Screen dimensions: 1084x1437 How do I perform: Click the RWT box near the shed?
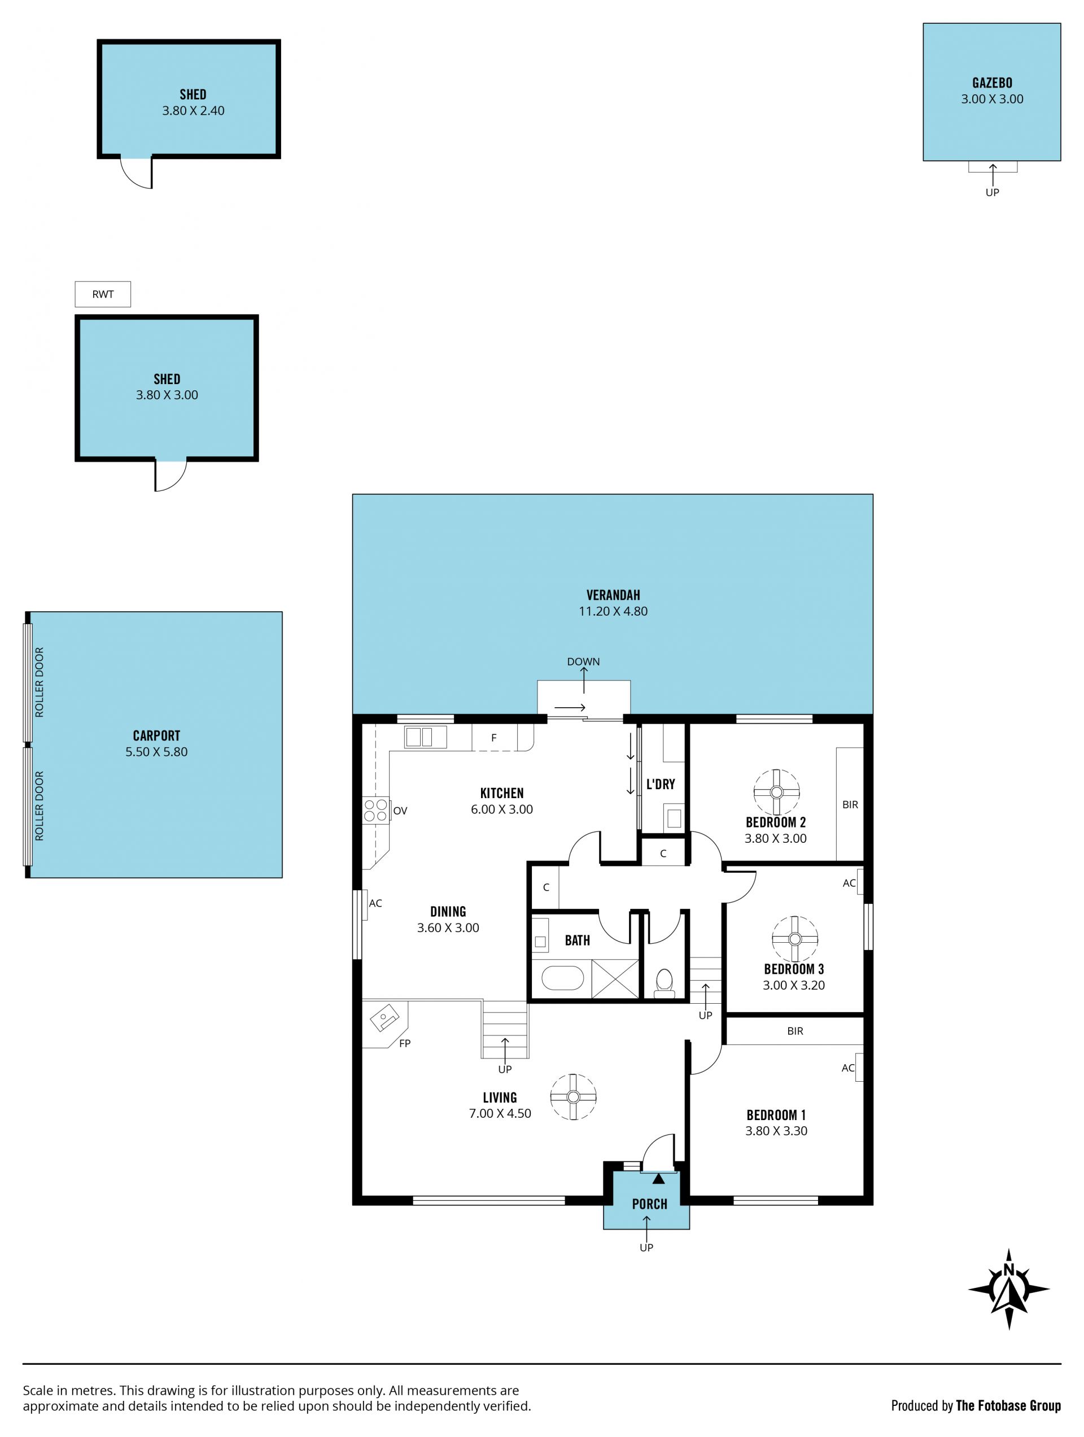click(103, 294)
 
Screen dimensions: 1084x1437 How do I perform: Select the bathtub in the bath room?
click(562, 978)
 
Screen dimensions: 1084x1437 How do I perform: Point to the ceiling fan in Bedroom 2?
click(776, 792)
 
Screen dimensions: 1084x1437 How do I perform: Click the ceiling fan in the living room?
click(573, 1096)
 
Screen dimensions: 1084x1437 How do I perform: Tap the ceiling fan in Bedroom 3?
click(794, 939)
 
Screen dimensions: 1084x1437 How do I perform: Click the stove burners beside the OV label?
click(375, 811)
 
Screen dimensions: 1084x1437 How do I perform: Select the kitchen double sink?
click(419, 737)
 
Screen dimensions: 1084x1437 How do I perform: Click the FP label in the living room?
click(405, 1044)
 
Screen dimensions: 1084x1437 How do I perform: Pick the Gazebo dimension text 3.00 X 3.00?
click(992, 99)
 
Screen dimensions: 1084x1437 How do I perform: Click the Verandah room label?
click(613, 594)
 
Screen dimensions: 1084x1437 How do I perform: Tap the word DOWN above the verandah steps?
click(583, 661)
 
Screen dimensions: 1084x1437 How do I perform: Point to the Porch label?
click(649, 1204)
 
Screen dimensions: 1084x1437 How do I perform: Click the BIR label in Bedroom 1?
click(795, 1031)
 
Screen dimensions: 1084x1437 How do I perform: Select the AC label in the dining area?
click(375, 903)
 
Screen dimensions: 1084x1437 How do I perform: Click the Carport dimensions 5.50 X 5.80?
click(156, 752)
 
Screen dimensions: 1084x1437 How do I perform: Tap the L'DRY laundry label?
click(661, 784)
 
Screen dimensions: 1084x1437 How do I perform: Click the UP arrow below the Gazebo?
click(993, 175)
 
